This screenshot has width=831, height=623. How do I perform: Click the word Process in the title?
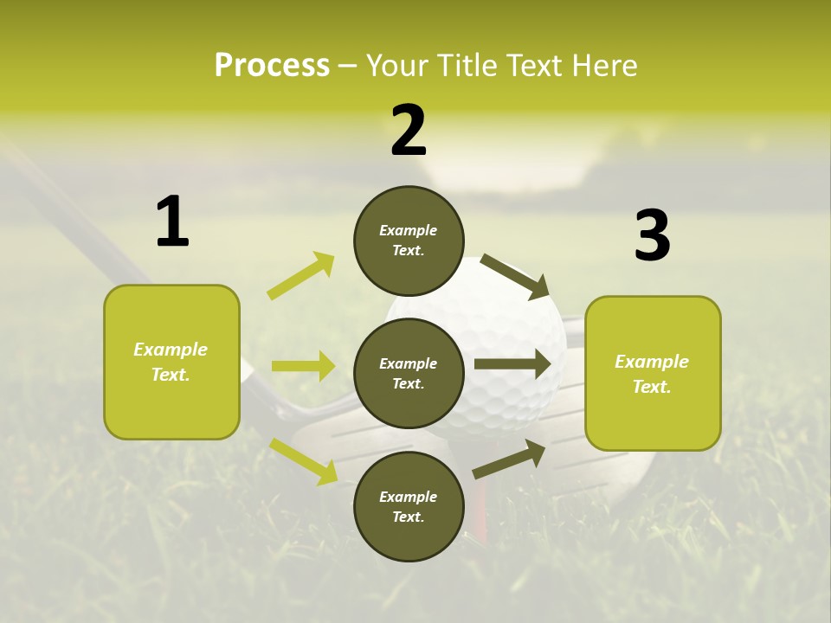tap(272, 66)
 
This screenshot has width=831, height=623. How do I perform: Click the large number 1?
tap(172, 222)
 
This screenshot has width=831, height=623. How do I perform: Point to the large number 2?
tap(409, 132)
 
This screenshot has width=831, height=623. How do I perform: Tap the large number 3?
tap(652, 236)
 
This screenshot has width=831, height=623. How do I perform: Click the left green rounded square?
tap(171, 362)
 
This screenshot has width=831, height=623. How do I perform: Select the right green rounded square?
tap(653, 373)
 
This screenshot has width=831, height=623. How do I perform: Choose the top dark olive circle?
tap(409, 241)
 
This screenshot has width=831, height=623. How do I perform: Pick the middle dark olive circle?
tap(409, 374)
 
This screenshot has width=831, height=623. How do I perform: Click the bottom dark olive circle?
tap(409, 507)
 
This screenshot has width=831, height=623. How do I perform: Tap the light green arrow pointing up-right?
tap(301, 276)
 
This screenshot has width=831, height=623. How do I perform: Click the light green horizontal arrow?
tap(303, 366)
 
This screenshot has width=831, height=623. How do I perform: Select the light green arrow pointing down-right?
tap(304, 460)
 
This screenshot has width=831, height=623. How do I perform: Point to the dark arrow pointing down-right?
tap(515, 275)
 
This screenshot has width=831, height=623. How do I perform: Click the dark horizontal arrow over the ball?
tap(512, 364)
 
